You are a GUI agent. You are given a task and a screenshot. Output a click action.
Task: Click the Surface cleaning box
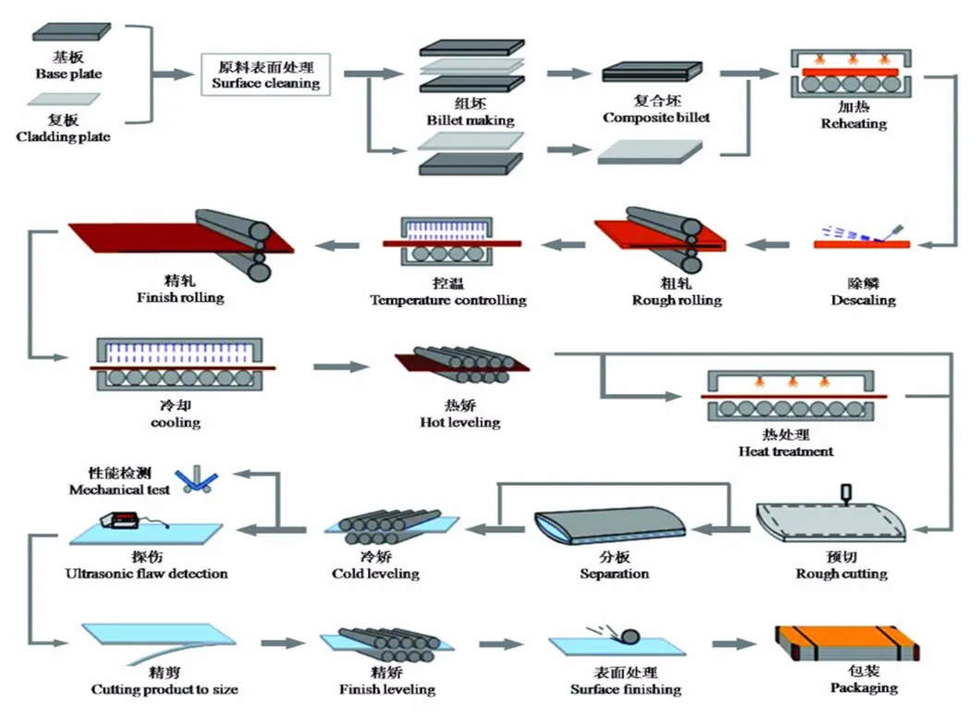265,75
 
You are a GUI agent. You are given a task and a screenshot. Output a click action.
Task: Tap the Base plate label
68,73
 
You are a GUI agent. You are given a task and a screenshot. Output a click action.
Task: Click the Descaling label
863,300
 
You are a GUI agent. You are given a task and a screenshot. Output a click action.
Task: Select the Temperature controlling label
448,300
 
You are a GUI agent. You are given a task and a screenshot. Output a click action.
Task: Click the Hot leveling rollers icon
459,364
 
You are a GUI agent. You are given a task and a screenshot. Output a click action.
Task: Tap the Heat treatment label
786,452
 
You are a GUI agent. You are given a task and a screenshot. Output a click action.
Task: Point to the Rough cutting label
841,574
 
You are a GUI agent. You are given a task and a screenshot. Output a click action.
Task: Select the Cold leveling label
375,574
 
